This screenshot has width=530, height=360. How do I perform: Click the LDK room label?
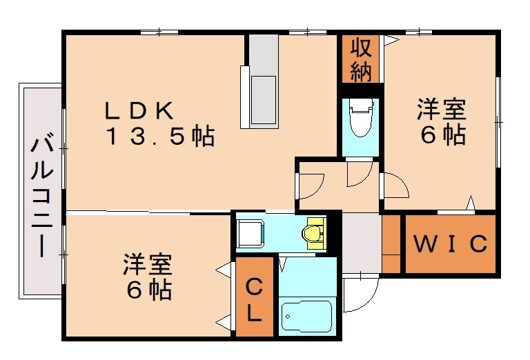point(142,110)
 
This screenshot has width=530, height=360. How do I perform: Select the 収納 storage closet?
point(360,60)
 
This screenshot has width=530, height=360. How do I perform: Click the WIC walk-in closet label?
point(451,243)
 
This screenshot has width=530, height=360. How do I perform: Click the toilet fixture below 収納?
point(360,119)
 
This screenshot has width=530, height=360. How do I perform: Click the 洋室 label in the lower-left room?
point(148,264)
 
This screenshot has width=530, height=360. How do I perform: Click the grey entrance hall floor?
point(362,243)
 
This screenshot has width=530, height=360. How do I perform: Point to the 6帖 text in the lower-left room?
point(148,290)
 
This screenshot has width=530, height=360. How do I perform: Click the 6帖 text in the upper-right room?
point(442,135)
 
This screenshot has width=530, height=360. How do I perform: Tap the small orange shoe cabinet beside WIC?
point(392,243)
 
